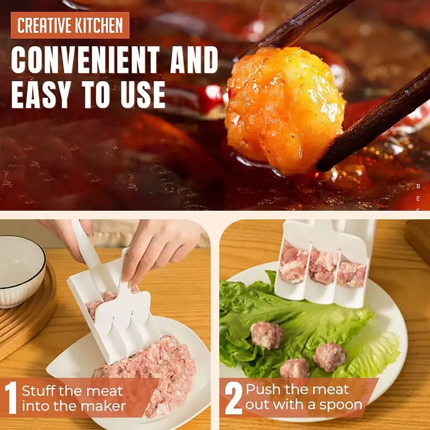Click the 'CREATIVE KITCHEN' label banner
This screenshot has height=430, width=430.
[70, 25]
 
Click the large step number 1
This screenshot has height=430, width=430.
[10, 398]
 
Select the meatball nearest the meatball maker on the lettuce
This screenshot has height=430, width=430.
[266, 335]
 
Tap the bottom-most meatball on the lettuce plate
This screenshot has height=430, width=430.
[294, 369]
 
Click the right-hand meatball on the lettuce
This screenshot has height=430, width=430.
[330, 356]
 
